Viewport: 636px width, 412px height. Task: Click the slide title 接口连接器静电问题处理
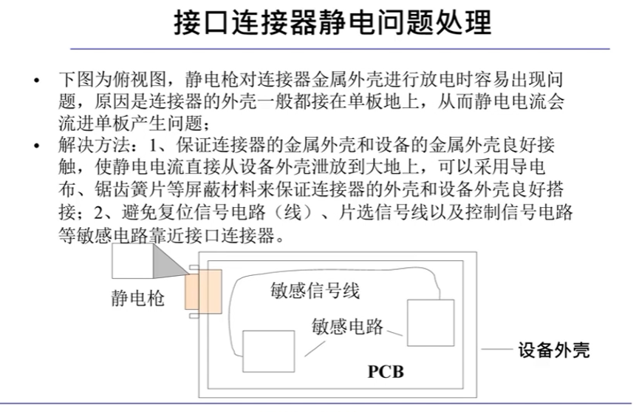click(x=332, y=22)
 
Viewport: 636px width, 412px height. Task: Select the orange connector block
click(x=204, y=292)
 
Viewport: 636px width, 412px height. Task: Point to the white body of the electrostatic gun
click(x=131, y=262)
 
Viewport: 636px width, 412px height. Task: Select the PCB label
click(x=386, y=371)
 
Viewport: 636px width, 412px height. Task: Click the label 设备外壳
click(x=553, y=349)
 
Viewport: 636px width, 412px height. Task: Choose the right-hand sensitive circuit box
click(x=431, y=322)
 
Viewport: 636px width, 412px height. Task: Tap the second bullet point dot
click(x=38, y=145)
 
